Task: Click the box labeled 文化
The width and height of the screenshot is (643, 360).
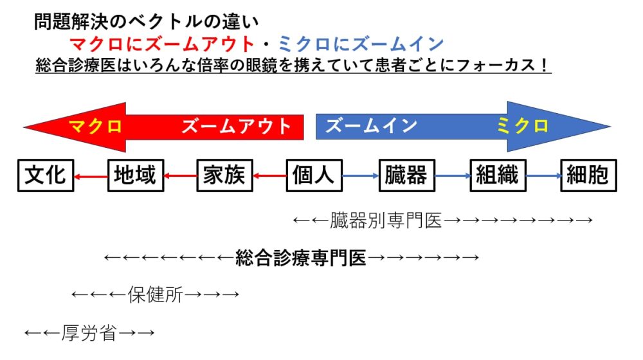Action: tap(45, 175)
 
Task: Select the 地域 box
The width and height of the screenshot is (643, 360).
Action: tap(134, 175)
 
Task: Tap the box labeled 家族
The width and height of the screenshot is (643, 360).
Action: tap(224, 175)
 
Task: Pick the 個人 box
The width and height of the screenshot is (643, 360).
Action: tap(313, 175)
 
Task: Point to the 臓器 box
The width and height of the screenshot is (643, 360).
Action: tap(406, 175)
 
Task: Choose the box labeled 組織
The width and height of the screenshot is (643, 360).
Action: tap(498, 175)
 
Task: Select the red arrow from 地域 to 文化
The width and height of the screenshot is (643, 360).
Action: tap(90, 175)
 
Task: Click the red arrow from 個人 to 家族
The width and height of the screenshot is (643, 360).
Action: tap(269, 175)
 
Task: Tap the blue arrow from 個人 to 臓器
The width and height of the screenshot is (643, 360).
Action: tap(359, 175)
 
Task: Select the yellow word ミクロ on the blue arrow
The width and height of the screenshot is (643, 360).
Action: tap(523, 126)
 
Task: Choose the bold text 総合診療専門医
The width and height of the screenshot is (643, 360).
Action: tap(301, 258)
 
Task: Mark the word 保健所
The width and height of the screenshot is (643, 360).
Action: tap(156, 294)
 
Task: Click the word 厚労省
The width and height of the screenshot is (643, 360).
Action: tap(89, 333)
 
